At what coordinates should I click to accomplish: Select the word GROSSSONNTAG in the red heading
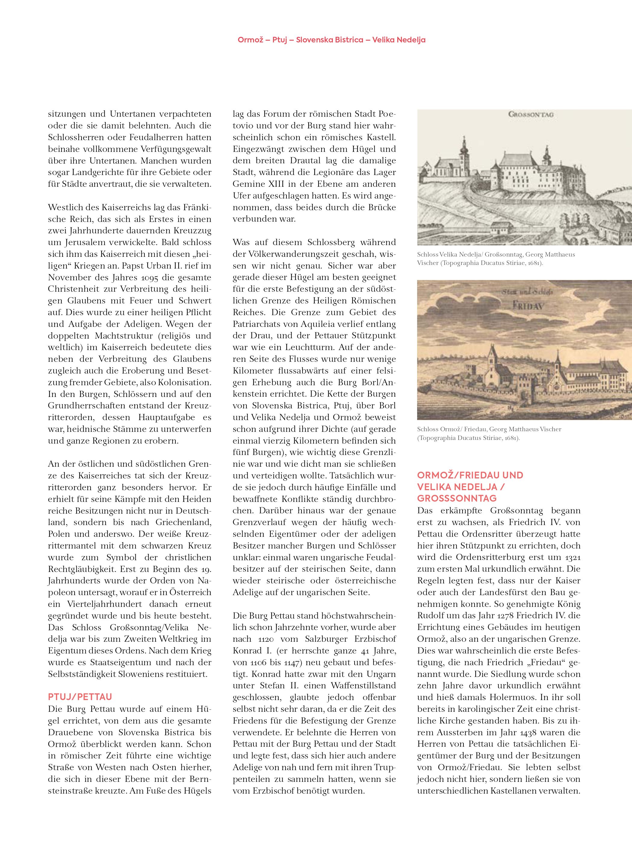tap(457, 498)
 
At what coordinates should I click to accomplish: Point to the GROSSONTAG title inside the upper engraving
tap(531, 114)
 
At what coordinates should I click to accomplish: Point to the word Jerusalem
tap(79, 242)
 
